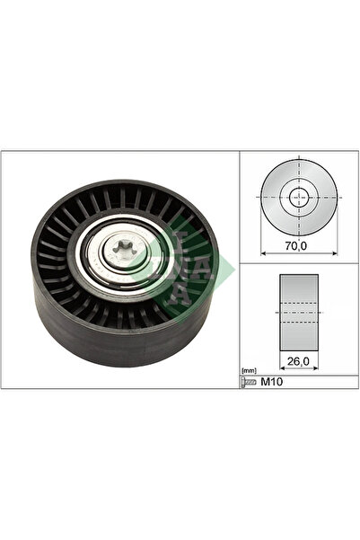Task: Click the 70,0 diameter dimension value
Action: coord(296,243)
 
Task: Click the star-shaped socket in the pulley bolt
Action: coord(122,252)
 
